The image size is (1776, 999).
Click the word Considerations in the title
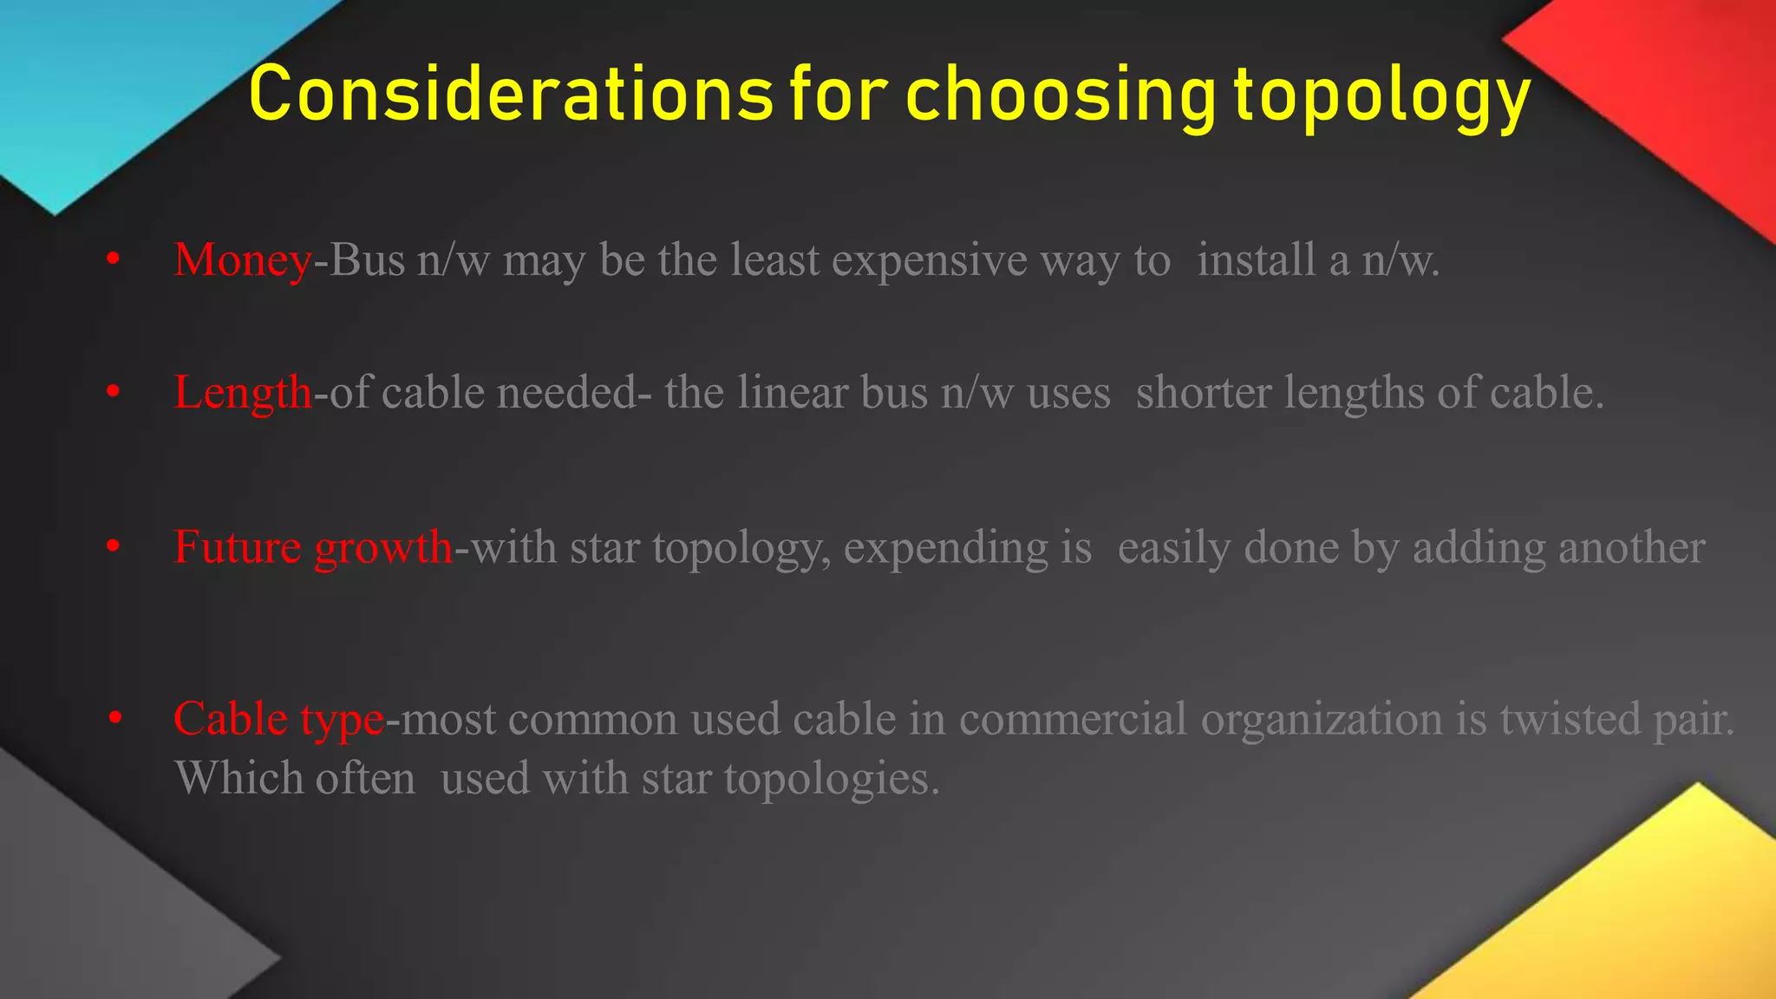coord(510,94)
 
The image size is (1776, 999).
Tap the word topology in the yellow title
coord(1382,95)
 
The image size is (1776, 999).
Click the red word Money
coord(242,259)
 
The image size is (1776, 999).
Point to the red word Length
coord(242,392)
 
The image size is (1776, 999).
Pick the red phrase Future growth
coord(312,547)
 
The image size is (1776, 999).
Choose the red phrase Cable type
coord(277,719)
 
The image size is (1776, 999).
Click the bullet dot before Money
coord(113,259)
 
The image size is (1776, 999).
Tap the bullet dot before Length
coord(113,393)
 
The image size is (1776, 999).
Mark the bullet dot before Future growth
coord(113,547)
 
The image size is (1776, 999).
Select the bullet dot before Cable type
coord(115,719)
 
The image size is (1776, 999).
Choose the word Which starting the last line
coord(238,778)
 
